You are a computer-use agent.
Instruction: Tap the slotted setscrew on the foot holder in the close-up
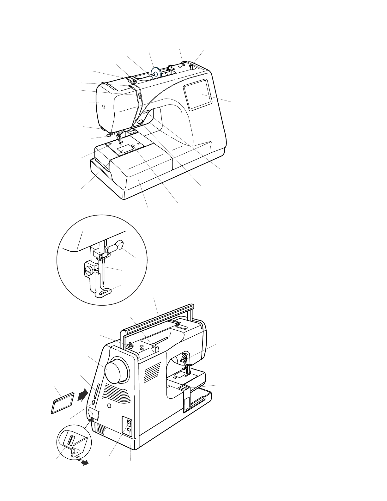tap(88, 270)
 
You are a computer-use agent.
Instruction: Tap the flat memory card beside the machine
tap(63, 403)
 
